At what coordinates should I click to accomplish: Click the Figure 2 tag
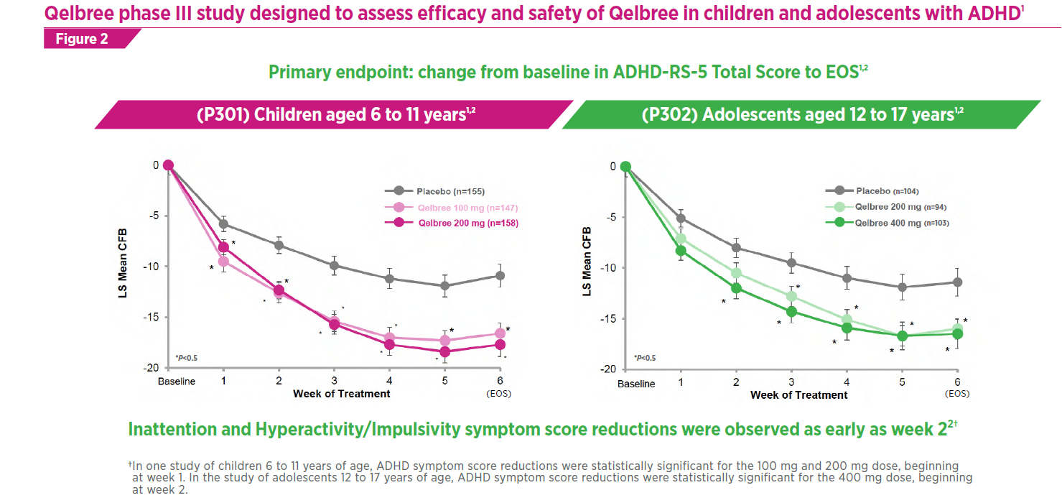pyautogui.click(x=82, y=39)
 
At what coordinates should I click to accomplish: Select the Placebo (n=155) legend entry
pyautogui.click(x=442, y=191)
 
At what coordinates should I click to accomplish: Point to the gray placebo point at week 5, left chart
pyautogui.click(x=445, y=285)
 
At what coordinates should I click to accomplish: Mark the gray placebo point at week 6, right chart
pyautogui.click(x=957, y=282)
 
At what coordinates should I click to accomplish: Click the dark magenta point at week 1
pyautogui.click(x=223, y=247)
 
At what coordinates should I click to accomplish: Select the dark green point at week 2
pyautogui.click(x=736, y=288)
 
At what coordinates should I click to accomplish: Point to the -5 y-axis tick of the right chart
pyautogui.click(x=612, y=217)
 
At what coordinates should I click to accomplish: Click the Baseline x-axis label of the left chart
pyautogui.click(x=177, y=382)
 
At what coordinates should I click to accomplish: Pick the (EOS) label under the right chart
pyautogui.click(x=957, y=394)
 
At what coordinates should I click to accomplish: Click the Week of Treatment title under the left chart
pyautogui.click(x=341, y=394)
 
